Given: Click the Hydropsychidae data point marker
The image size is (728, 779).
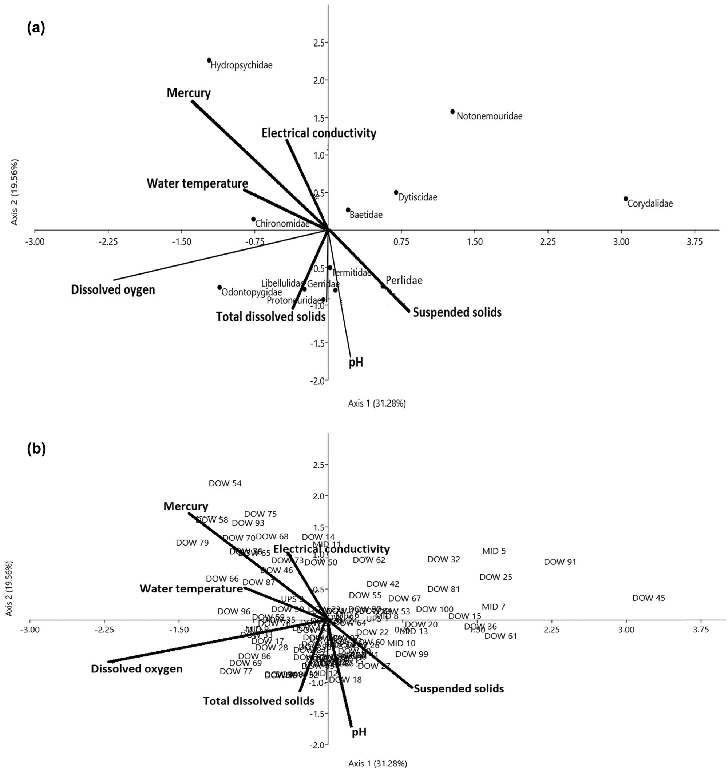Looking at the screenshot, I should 209,60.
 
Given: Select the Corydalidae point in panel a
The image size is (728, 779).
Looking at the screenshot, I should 626,199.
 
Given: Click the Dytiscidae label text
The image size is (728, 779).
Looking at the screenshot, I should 418,197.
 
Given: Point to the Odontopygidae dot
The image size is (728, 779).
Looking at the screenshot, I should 219,287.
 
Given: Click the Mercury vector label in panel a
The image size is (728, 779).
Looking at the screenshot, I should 189,93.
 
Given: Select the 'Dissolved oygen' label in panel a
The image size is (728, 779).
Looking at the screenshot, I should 113,290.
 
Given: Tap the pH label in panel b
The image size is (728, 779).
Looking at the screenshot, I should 359,732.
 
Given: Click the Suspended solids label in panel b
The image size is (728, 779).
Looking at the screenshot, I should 459,688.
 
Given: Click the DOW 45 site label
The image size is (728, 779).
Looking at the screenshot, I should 649,598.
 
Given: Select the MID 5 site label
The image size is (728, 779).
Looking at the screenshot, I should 494,551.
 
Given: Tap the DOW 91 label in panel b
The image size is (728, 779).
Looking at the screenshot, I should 560,562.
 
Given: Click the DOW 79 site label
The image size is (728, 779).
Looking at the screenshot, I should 192,543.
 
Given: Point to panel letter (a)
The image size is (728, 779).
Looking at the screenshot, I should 36,28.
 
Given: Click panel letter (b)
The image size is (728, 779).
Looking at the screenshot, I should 36,450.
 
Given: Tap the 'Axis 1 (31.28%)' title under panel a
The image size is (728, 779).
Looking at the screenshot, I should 376,403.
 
